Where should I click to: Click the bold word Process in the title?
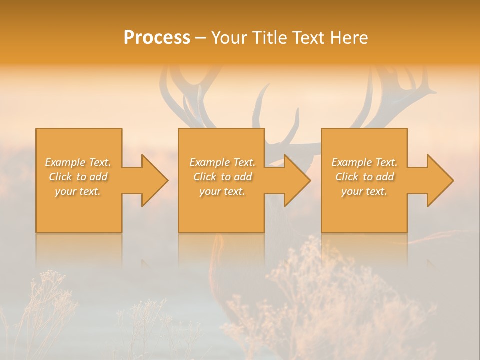(x=157, y=38)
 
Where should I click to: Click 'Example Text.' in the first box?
(x=78, y=162)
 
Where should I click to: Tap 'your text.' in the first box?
(x=78, y=191)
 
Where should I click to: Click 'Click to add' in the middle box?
(x=222, y=177)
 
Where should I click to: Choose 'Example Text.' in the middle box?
(x=222, y=162)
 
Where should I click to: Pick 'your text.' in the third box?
(x=364, y=191)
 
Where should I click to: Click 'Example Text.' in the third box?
(x=364, y=162)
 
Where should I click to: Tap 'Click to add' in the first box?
(x=78, y=177)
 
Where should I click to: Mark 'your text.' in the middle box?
(x=222, y=191)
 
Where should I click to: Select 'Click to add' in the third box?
(x=364, y=177)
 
